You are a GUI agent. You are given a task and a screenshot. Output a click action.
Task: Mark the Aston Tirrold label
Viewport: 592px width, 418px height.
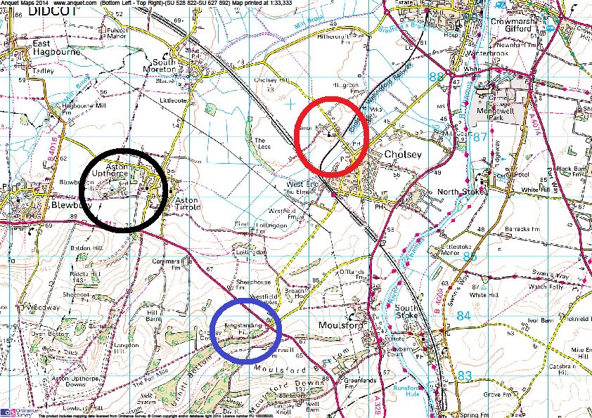point(188,204)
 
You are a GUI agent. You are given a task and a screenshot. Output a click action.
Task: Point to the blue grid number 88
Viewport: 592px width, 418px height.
point(437,77)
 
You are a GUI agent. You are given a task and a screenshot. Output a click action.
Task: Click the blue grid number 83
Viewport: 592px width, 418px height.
point(464,375)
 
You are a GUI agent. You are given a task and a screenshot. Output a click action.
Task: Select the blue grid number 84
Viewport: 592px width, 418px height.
point(463,316)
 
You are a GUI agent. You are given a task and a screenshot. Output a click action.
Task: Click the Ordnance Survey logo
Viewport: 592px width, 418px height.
point(13,411)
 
